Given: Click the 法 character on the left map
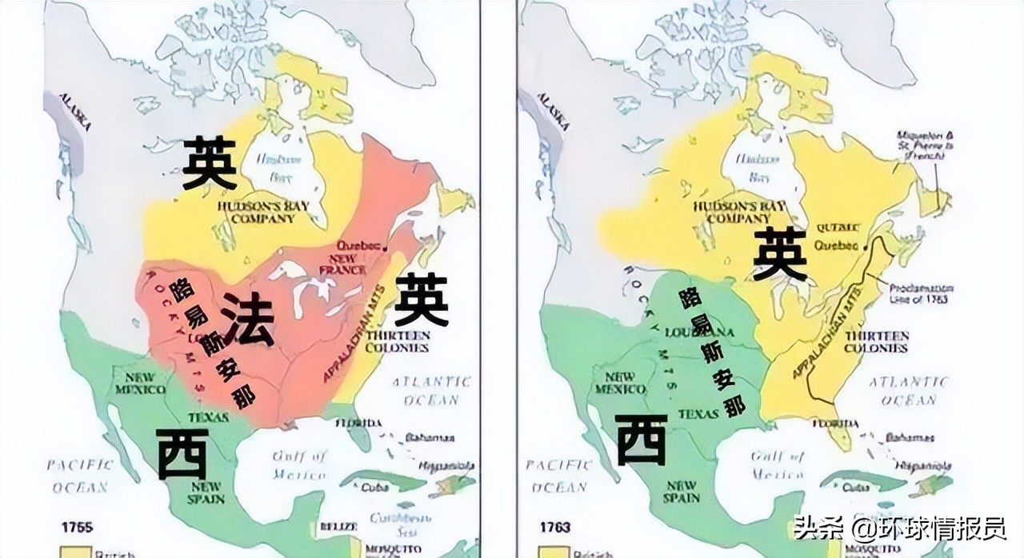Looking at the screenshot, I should (247, 319).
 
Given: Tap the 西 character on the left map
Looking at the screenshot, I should (182, 454).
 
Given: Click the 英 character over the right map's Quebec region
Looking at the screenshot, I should (780, 253).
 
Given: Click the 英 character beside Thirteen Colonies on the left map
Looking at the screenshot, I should (421, 299).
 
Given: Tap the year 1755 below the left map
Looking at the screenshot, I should (78, 527).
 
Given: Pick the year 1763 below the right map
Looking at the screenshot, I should (554, 527).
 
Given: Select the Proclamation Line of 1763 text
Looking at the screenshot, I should (921, 293).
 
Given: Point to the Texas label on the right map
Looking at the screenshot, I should (698, 414).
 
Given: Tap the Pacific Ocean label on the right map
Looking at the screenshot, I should (554, 476).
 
